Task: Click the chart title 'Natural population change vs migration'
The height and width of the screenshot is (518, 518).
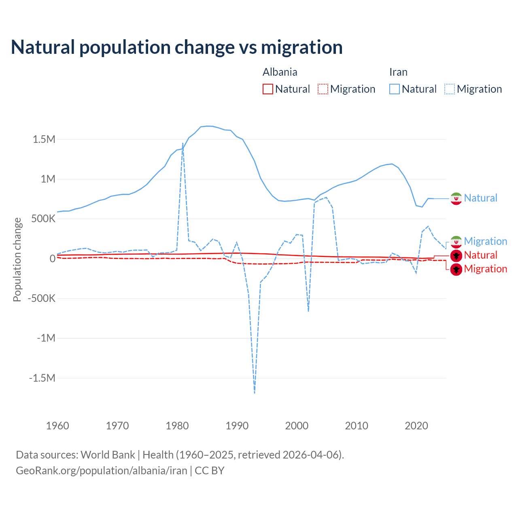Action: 177,47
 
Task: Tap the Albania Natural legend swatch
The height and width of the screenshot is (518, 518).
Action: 267,89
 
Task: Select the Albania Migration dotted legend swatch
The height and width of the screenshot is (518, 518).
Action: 323,89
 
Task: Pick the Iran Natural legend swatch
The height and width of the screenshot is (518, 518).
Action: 394,89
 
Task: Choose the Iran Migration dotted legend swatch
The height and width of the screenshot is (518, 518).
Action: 449,89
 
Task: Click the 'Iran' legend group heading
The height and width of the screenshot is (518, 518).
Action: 398,72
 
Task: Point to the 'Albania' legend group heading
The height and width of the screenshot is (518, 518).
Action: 280,72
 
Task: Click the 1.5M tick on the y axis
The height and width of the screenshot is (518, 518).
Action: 44,140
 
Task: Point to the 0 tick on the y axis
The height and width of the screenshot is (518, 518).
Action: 52,259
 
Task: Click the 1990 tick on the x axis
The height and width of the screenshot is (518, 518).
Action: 237,426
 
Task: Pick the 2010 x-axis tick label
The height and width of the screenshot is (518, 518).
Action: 357,426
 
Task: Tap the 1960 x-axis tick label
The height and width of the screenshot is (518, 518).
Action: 57,426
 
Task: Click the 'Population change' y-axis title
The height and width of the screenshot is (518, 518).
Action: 17,259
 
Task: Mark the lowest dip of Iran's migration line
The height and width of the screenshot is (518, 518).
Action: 255,393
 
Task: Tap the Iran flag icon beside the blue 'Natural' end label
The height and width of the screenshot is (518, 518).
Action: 456,198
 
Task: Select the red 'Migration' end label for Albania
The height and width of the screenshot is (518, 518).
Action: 485,269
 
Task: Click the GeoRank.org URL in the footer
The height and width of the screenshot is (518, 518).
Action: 102,471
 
